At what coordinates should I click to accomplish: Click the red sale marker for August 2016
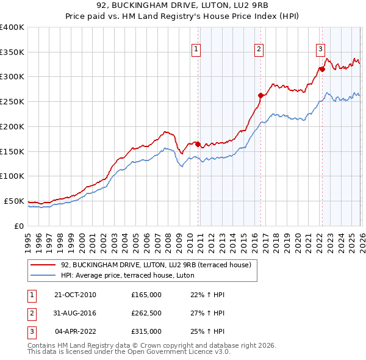pyautogui.click(x=260, y=95)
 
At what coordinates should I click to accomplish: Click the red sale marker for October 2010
pyautogui.click(x=198, y=144)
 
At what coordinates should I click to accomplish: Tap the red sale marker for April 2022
pyautogui.click(x=321, y=69)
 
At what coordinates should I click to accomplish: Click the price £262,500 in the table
pyautogui.click(x=146, y=313)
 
